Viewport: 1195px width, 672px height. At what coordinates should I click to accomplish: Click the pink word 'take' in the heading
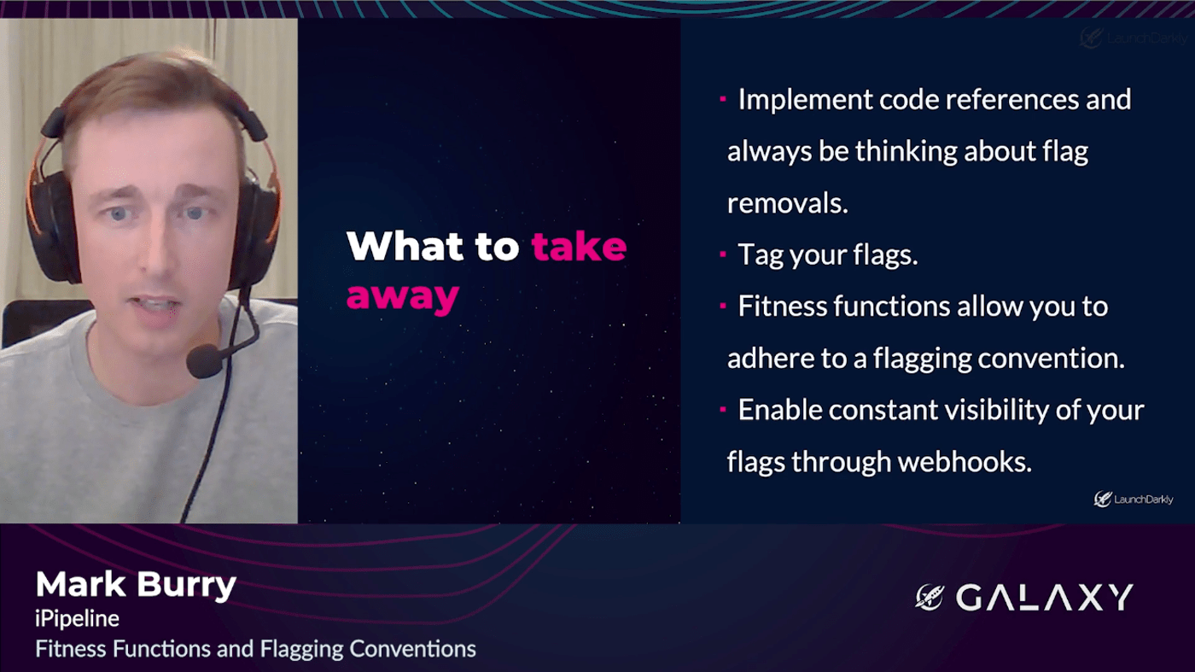point(579,246)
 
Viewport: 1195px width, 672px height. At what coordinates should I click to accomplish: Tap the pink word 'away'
point(403,297)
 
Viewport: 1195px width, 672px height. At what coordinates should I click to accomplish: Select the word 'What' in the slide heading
point(405,246)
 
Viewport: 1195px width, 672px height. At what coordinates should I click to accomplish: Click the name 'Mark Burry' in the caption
point(136,586)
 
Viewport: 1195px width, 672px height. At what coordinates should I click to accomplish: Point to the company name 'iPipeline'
point(78,619)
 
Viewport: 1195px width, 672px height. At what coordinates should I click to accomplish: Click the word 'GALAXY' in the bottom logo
point(1044,597)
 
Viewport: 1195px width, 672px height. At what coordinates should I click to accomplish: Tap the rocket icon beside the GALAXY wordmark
point(930,597)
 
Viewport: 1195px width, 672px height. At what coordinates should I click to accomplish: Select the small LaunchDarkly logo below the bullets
point(1134,499)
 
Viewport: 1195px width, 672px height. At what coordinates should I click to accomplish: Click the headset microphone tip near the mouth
point(203,360)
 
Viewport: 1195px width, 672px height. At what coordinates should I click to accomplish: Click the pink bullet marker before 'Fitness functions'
point(723,306)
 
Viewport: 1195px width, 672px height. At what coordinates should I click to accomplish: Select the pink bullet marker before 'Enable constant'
point(723,409)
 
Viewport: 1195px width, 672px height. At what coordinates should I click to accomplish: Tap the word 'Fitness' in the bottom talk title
point(71,649)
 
